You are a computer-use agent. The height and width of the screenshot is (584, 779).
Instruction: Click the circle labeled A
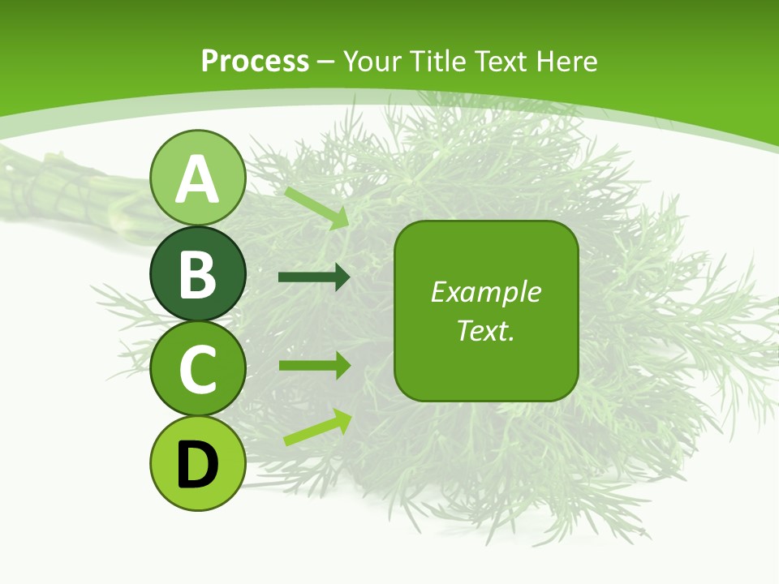pos(197,178)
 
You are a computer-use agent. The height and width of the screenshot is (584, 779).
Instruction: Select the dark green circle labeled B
pos(197,274)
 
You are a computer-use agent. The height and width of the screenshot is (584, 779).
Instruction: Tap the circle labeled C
pos(197,369)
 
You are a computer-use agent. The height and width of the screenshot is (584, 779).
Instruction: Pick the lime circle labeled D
pos(197,464)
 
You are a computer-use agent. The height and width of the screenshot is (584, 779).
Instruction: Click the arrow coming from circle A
pos(317,208)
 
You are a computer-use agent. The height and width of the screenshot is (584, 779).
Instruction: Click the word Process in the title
pos(255,61)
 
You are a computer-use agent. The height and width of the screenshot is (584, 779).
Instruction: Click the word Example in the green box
pos(485,292)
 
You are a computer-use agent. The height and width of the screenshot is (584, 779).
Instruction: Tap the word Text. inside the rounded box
pos(485,331)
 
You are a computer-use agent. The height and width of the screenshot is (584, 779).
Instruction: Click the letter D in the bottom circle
pos(197,465)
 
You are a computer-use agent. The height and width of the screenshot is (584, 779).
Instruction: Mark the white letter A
pos(197,180)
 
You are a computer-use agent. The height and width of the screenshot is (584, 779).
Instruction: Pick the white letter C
pos(197,369)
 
